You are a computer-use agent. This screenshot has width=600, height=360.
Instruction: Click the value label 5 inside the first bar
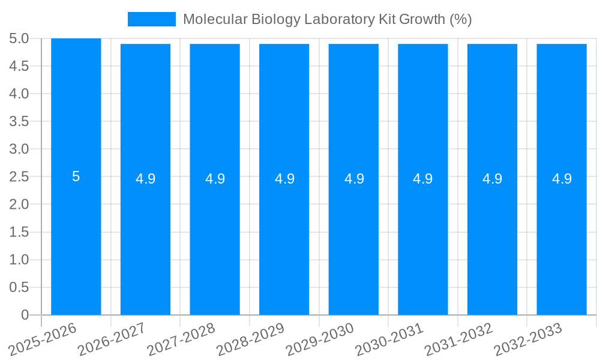[76, 176]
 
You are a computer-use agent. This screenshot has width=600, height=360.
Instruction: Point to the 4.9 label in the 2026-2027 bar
[145, 179]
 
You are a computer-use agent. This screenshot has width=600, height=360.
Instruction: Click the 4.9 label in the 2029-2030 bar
[354, 179]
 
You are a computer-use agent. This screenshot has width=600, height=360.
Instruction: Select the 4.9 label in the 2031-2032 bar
[493, 179]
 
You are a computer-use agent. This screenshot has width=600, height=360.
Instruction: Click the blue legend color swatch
[152, 19]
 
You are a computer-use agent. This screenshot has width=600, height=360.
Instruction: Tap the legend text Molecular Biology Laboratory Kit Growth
[327, 19]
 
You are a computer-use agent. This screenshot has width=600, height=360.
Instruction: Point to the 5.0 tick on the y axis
[19, 38]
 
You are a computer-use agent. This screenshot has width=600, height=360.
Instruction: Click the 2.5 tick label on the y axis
[19, 176]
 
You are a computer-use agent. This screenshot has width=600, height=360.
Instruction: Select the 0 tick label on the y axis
[25, 315]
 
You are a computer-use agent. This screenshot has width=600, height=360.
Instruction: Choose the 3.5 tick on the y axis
[19, 121]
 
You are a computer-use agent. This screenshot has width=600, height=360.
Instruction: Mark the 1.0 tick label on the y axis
[19, 260]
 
